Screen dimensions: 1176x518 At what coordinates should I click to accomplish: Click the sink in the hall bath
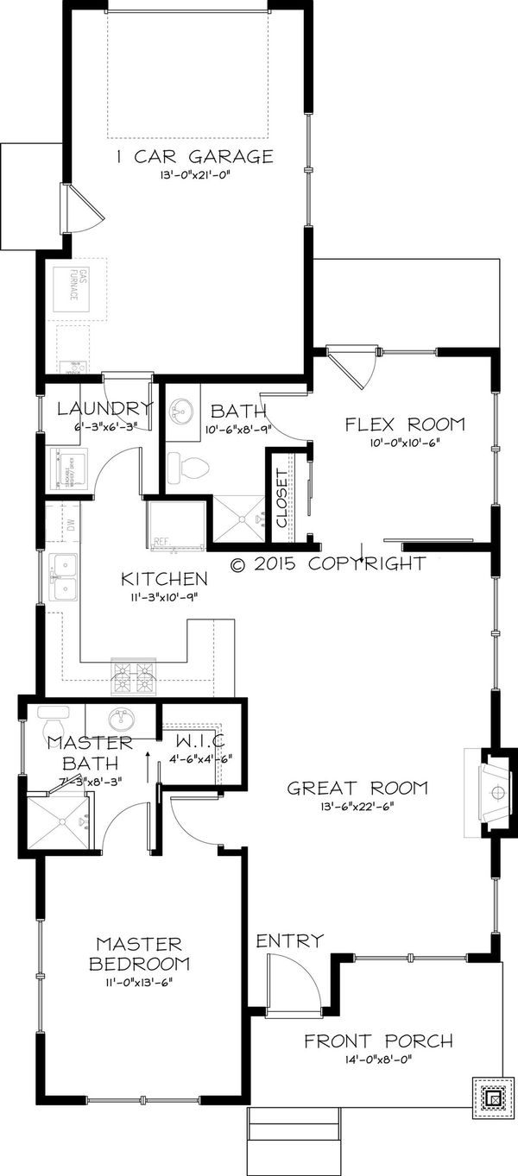pos(181,408)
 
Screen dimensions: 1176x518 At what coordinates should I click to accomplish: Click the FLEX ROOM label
pos(404,424)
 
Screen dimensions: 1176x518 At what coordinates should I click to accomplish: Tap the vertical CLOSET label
pos(282,499)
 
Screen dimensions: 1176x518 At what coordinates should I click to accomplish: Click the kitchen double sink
pos(62,576)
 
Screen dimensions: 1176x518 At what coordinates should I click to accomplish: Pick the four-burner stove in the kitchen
pos(133,676)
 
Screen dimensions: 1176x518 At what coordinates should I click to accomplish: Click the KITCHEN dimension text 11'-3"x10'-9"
pos(163,596)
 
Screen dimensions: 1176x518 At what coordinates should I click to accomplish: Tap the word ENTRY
pos(289,940)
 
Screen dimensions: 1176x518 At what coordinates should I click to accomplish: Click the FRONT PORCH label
pos(377,1041)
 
